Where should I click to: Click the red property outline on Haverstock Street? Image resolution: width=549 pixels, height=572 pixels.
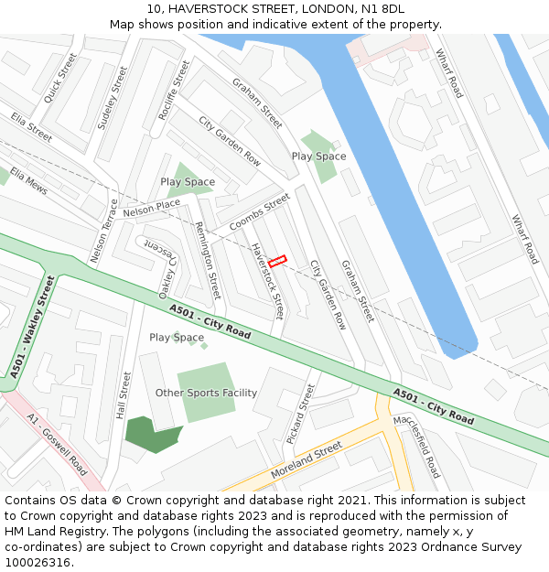coord(277,261)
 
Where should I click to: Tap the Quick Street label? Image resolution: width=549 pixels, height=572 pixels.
coord(60,77)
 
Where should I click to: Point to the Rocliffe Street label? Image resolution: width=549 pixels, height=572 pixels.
coord(174,90)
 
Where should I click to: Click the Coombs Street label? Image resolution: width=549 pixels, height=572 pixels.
coord(259,212)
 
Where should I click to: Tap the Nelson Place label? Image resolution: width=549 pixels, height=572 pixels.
coord(152,210)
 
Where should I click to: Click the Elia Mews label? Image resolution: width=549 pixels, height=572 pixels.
coord(28,179)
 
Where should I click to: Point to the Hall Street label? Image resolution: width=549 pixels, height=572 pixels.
coord(124,395)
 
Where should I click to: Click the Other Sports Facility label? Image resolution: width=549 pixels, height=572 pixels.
coord(206,393)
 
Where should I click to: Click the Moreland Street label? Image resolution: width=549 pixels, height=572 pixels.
coord(306,460)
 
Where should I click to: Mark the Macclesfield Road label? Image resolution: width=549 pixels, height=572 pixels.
coord(416,446)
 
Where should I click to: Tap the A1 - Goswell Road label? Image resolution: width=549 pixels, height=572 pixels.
coord(58,444)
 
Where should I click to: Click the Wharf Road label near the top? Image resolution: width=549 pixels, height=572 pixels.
coord(449,73)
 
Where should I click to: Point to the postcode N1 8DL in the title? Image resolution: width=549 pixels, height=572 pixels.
coord(382,9)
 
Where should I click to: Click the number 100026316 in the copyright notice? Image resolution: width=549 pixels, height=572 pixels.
coord(38,562)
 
